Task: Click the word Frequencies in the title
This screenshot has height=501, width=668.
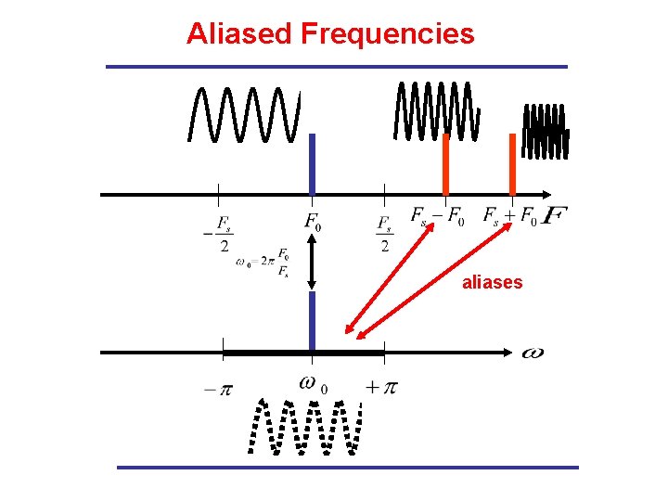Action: (x=387, y=34)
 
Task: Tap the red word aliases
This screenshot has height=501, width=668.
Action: (x=492, y=282)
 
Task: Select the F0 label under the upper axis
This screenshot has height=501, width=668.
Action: (x=314, y=223)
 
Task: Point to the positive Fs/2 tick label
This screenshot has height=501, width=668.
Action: (x=385, y=233)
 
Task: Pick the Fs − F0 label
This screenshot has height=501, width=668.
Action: (x=438, y=217)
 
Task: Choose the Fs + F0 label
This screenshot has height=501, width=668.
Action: (x=509, y=217)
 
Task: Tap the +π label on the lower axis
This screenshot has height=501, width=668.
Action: (x=380, y=387)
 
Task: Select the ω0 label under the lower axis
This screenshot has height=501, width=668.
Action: (x=314, y=382)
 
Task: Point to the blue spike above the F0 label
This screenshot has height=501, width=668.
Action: (x=313, y=163)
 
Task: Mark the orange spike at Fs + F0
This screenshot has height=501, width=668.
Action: (x=512, y=163)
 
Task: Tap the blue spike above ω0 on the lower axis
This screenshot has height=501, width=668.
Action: (x=313, y=321)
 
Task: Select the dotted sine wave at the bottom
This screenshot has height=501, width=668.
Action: (x=306, y=428)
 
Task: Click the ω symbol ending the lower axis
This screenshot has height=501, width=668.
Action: (x=533, y=353)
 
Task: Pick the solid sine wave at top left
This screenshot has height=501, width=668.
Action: (x=244, y=113)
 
